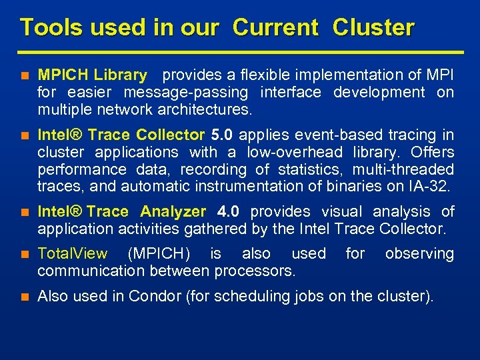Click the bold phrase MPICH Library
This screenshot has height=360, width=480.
(x=92, y=75)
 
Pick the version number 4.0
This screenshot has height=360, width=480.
(x=229, y=212)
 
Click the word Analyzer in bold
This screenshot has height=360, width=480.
(x=173, y=212)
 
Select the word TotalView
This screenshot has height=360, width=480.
(x=73, y=254)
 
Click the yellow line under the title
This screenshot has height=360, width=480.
(x=240, y=51)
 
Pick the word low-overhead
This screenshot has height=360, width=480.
(x=295, y=153)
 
